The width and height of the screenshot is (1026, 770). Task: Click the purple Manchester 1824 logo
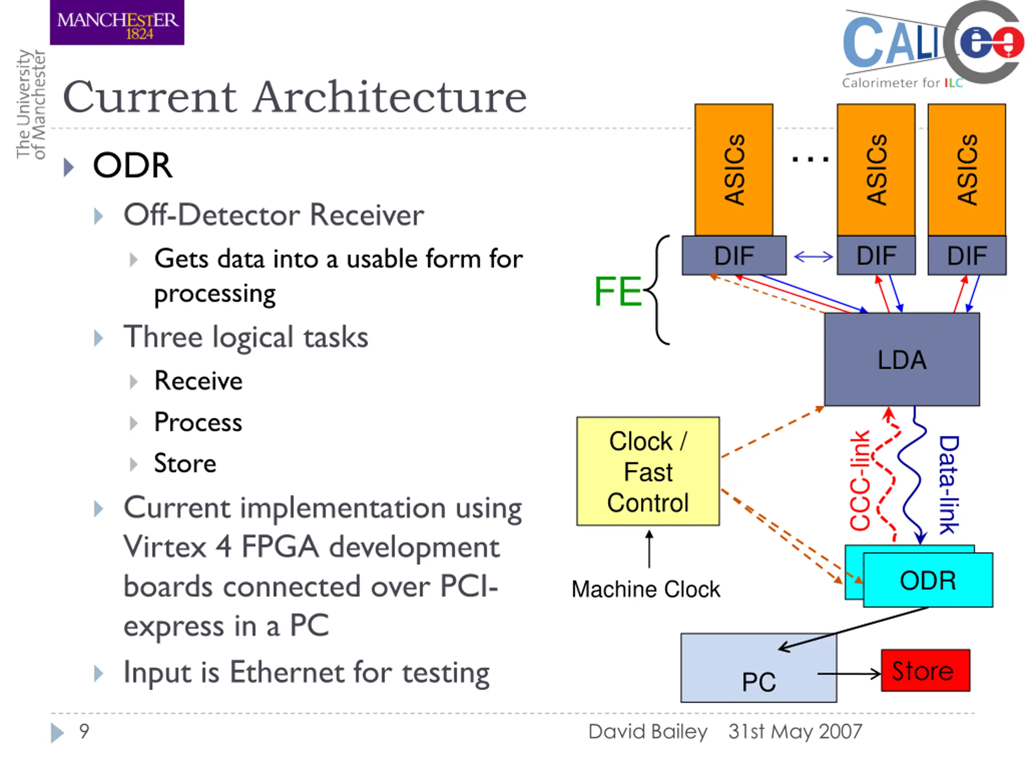pos(117,22)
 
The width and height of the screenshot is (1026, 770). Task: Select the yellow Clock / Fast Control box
pos(648,471)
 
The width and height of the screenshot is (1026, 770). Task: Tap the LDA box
pos(902,359)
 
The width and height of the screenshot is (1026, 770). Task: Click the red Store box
pos(925,670)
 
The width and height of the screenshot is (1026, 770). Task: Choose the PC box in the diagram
pos(759,668)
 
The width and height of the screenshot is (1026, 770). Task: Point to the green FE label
pos(618,291)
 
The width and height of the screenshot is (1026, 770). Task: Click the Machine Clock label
pos(646,589)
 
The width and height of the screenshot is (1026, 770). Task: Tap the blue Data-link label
pos(949,485)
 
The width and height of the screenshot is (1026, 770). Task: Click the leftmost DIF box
pos(734,255)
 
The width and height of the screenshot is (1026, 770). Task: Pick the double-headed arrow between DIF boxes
pos(814,256)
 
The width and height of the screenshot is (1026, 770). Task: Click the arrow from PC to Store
pos(849,674)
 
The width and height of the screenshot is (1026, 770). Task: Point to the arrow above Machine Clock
pos(649,549)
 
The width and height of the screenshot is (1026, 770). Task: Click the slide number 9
pos(84,731)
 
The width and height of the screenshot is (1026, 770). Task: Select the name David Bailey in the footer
pos(648,731)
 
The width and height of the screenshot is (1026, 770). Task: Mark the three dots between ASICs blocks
pos(810,159)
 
